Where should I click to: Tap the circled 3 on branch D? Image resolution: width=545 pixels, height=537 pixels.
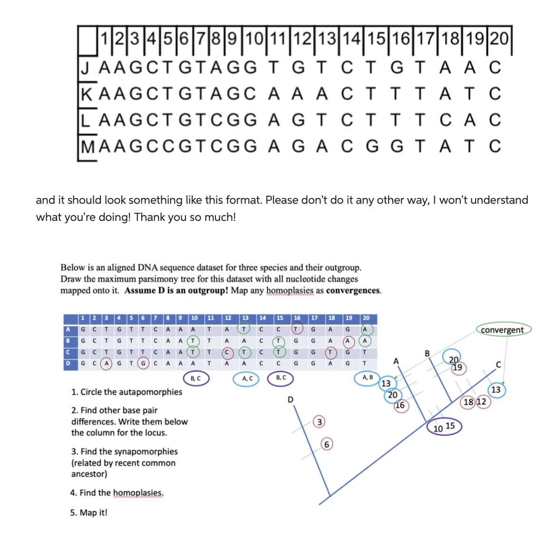(320, 422)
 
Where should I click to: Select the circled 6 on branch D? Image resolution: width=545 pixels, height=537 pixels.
(326, 445)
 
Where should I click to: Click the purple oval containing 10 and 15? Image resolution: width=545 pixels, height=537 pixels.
(444, 427)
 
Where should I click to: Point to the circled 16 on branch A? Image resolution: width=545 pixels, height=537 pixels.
(400, 405)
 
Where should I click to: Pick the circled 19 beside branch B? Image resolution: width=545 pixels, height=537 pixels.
(457, 368)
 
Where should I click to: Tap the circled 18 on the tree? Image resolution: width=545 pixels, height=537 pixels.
(468, 402)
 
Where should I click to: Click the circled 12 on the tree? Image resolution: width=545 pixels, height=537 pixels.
(481, 402)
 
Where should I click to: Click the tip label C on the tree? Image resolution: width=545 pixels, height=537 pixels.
(498, 365)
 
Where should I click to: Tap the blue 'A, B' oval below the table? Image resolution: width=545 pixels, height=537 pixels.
(368, 378)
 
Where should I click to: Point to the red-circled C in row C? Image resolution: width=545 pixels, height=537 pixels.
(227, 352)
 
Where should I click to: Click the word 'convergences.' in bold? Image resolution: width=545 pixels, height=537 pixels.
(353, 290)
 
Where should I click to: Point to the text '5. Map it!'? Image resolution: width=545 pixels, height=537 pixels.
(89, 513)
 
